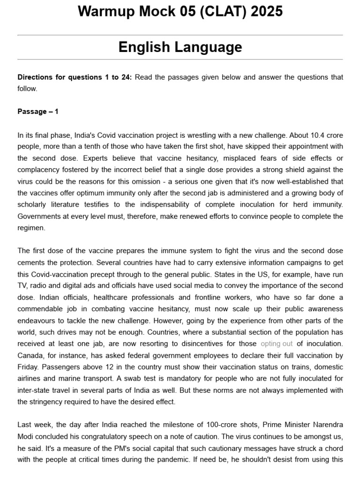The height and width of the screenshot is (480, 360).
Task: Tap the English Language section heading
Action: coord(180,47)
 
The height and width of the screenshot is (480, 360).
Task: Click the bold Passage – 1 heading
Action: coord(38,112)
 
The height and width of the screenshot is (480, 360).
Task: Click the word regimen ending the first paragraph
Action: coord(31,228)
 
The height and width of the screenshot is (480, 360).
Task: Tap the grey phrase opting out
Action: coord(277,344)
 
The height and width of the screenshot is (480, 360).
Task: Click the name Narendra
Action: coord(327,425)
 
